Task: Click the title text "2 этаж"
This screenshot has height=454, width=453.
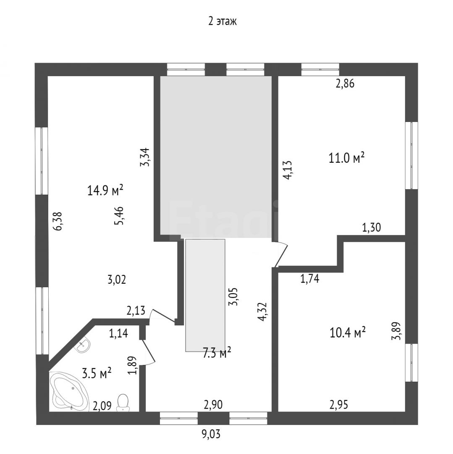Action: [223, 21]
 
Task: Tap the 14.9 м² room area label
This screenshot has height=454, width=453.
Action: [105, 190]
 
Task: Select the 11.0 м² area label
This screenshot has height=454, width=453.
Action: [346, 158]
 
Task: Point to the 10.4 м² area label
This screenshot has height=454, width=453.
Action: [348, 333]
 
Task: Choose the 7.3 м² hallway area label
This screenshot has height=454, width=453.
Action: [217, 353]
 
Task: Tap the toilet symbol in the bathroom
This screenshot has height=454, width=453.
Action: [123, 402]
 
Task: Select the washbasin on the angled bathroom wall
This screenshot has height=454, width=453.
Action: [83, 345]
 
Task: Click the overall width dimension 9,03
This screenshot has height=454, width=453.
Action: [211, 434]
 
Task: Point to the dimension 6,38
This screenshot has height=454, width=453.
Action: [58, 221]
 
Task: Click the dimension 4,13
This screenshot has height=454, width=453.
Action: [288, 170]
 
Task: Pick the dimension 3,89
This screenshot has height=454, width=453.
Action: [396, 331]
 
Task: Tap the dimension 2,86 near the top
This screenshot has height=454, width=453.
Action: [345, 83]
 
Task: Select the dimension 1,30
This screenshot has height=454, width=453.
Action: [372, 227]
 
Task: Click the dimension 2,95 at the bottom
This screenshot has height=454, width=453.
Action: [339, 404]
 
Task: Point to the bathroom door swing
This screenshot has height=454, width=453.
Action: [149, 351]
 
